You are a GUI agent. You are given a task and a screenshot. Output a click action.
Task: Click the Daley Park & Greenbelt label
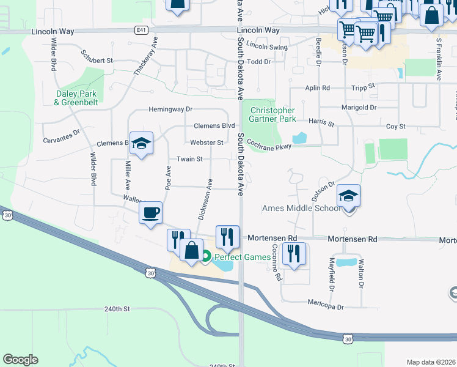pyautogui.click(x=76, y=98)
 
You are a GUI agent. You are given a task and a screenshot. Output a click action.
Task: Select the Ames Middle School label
pyautogui.click(x=301, y=208)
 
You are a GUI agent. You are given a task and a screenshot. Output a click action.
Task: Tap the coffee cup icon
pyautogui.click(x=150, y=213)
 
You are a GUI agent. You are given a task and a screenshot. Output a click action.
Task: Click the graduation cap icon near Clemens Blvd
pyautogui.click(x=142, y=144)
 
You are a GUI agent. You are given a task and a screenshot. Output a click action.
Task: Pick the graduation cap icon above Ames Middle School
pyautogui.click(x=348, y=196)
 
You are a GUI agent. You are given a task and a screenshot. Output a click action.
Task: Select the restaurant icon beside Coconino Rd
pyautogui.click(x=294, y=253)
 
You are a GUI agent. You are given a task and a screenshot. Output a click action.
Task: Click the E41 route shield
pyautogui.click(x=142, y=29)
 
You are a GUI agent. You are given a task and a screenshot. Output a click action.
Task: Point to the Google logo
pyautogui.click(x=20, y=360)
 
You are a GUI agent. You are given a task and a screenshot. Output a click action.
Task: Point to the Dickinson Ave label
pyautogui.click(x=205, y=199)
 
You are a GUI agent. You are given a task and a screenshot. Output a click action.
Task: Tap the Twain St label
pyautogui.click(x=189, y=159)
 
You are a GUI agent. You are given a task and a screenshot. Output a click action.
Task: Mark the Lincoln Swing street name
pyautogui.click(x=267, y=46)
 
